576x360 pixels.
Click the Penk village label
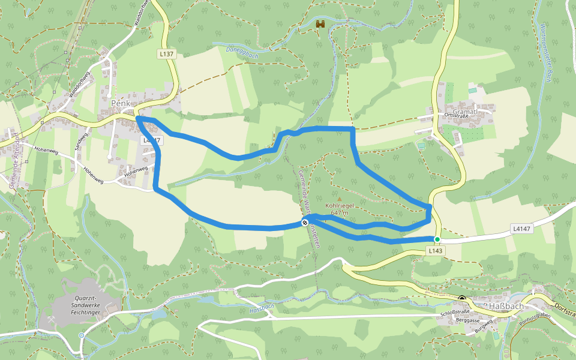click(x=121, y=103)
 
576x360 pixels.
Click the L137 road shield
click(x=167, y=54)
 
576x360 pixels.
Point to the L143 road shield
click(x=436, y=251)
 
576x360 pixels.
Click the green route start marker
click(x=437, y=239)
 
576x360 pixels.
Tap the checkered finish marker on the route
click(x=305, y=223)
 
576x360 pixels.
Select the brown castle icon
click(x=320, y=25)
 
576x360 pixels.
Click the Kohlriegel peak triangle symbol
click(x=339, y=199)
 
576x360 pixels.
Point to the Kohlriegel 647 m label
click(x=339, y=209)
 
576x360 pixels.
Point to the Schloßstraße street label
click(x=454, y=313)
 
